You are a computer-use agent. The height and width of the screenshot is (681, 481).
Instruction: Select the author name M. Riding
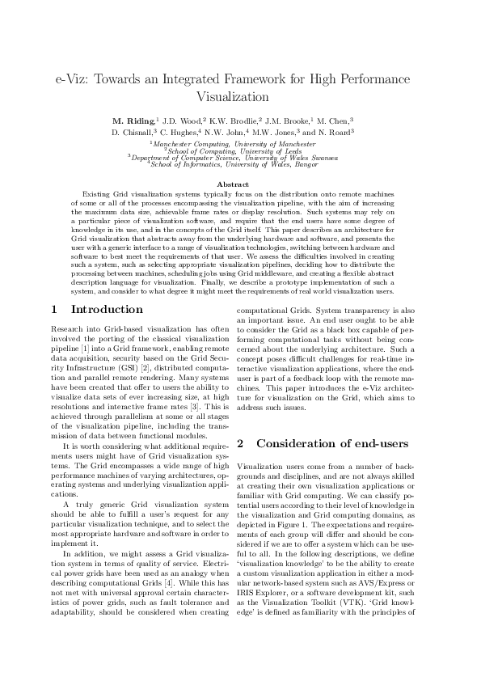click(x=135, y=120)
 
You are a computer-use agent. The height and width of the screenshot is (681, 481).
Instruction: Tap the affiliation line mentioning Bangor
click(x=240, y=164)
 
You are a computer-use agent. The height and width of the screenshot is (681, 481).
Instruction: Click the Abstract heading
click(x=240, y=185)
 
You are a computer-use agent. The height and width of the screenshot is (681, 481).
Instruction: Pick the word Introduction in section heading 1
click(x=108, y=310)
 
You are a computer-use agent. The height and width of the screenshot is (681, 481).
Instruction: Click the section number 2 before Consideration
click(x=240, y=443)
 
